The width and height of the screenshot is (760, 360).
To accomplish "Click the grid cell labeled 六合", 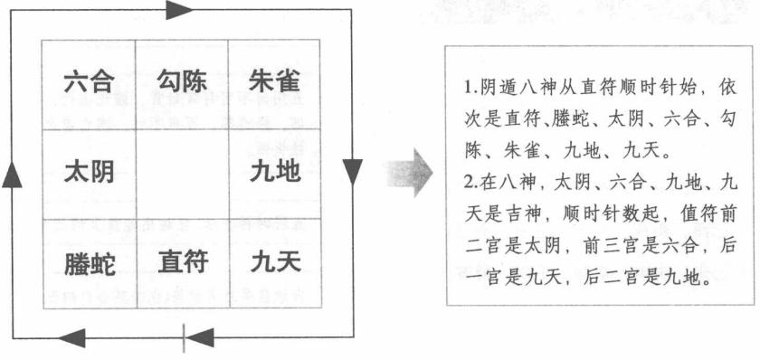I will [89, 83].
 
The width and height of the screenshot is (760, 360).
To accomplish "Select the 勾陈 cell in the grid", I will [181, 83].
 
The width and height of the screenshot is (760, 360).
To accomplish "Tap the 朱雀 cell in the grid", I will [274, 83].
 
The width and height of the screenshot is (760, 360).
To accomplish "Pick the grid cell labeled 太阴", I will [89, 172].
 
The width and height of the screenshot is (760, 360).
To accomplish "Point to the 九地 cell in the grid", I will [274, 172].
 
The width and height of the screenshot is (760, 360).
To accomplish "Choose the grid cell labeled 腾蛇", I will [89, 263].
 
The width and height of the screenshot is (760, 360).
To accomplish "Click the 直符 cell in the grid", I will [181, 263].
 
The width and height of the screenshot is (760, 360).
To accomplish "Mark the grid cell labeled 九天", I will [274, 263].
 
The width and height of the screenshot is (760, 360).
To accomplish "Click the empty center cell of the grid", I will [181, 172].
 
